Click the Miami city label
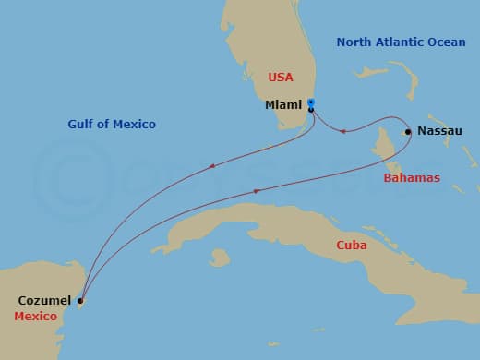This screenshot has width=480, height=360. pyautogui.click(x=283, y=105)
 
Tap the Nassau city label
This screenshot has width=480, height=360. pyautogui.click(x=439, y=131)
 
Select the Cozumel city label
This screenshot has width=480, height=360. pyautogui.click(x=44, y=300)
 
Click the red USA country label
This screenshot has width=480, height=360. pyautogui.click(x=281, y=78)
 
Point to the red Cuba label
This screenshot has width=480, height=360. pyautogui.click(x=352, y=246)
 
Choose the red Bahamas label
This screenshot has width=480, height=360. pyautogui.click(x=412, y=177)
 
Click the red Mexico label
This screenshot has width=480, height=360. pyautogui.click(x=35, y=317)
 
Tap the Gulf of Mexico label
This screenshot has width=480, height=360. pyautogui.click(x=112, y=124)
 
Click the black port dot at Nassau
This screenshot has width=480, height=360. pyautogui.click(x=408, y=132)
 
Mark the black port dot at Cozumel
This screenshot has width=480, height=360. pyautogui.click(x=80, y=301)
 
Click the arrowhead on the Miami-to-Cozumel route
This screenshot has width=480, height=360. pyautogui.click(x=212, y=166)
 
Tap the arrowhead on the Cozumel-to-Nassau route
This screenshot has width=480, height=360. pyautogui.click(x=257, y=191)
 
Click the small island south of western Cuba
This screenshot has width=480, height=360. pyautogui.click(x=219, y=258)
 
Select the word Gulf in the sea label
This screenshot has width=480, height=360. pyautogui.click(x=82, y=124)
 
